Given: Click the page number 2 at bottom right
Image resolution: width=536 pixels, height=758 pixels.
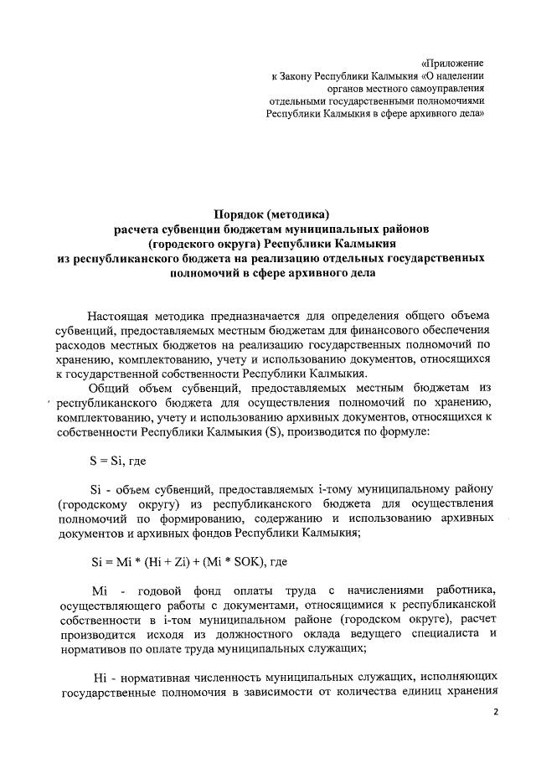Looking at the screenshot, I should (x=494, y=712).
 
